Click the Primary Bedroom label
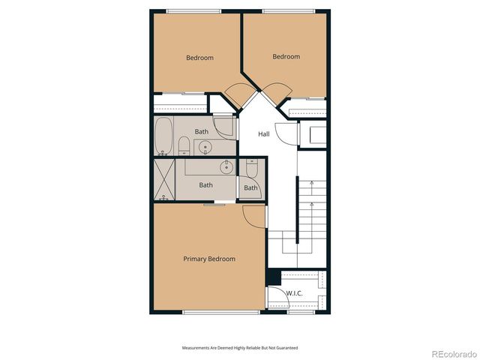coord(209,259)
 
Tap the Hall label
coord(264,134)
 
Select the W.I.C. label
coord(294,293)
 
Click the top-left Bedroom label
coord(199,58)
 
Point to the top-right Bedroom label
coord(286,56)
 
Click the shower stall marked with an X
coord(164,180)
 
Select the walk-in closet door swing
coord(277,300)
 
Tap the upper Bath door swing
coord(223,124)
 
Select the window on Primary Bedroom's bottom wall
coord(205,312)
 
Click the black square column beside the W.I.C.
coord(273,276)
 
